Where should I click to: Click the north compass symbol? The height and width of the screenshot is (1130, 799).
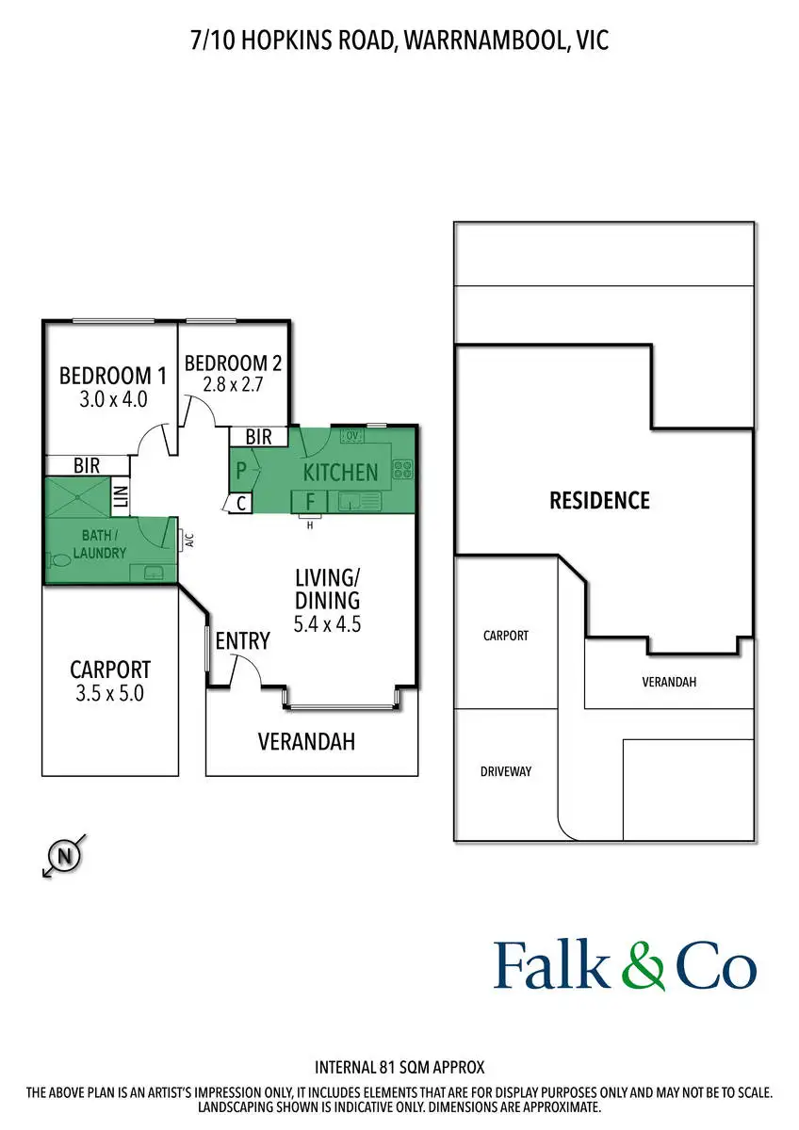(x=64, y=856)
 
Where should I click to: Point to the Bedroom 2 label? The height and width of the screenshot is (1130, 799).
(x=233, y=363)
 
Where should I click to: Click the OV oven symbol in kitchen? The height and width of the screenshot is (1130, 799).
(x=352, y=436)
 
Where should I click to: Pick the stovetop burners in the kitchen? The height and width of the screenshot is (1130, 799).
(x=403, y=468)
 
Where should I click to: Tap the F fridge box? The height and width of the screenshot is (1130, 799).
(x=308, y=500)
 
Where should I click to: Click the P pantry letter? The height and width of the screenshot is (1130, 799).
(x=241, y=470)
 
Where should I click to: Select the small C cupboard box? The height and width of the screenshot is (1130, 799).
(x=241, y=504)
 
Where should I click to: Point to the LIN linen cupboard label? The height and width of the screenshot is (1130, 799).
(x=120, y=496)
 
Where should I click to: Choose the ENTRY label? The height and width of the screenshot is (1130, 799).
(x=242, y=641)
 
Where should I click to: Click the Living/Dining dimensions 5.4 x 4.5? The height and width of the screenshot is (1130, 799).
(x=328, y=623)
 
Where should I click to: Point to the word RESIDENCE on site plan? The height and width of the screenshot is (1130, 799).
(x=599, y=500)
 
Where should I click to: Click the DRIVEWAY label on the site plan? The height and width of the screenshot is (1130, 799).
(x=506, y=771)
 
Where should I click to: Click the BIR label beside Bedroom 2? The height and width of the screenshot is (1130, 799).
(x=258, y=437)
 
